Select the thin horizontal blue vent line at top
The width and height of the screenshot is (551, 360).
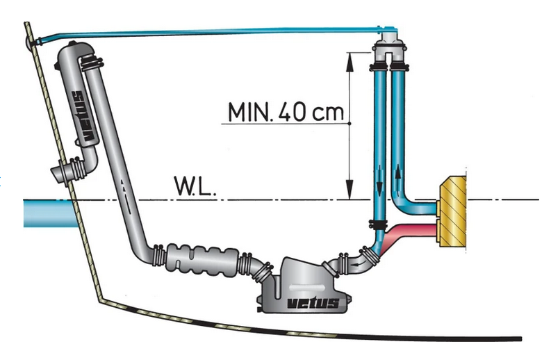(208, 33)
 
